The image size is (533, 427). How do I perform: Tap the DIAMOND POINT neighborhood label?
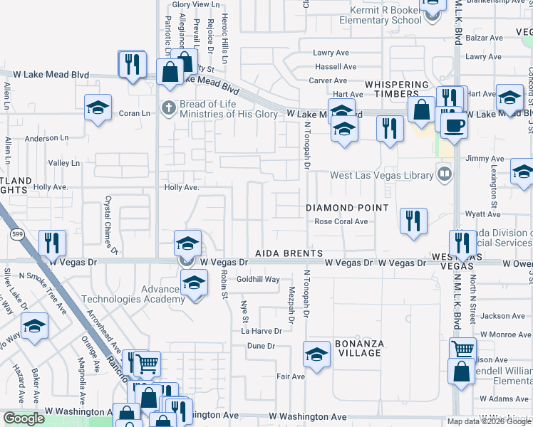[347, 208]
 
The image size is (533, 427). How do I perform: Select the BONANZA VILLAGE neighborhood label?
[360, 348]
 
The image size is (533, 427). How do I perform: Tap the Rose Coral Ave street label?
[341, 221]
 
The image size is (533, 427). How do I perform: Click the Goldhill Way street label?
[258, 280]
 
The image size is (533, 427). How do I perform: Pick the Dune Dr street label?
[260, 346]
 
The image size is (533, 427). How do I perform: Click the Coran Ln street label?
[135, 113]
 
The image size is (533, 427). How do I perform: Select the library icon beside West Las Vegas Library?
[445, 174]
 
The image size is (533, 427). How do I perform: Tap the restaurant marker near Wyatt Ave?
[413, 221]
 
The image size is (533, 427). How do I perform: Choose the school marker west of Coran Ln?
[97, 107]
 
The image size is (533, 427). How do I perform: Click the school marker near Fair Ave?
[316, 353]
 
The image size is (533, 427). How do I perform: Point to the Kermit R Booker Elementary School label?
[386, 16]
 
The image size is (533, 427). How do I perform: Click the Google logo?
[24, 418]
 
